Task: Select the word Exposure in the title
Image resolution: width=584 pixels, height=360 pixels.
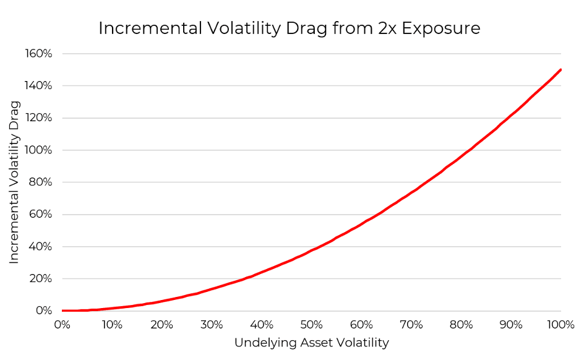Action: (x=443, y=28)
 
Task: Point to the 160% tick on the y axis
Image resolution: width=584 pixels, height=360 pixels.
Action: (x=39, y=54)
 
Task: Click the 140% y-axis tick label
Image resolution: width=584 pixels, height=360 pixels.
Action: (x=39, y=86)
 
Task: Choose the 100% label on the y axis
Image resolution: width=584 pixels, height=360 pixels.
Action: (x=39, y=150)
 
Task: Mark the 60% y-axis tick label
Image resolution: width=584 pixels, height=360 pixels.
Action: (x=41, y=215)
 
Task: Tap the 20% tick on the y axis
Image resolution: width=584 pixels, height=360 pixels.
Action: (x=41, y=279)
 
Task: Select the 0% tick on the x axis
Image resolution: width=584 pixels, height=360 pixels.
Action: (x=62, y=325)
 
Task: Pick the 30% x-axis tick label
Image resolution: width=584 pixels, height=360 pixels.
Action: (x=212, y=325)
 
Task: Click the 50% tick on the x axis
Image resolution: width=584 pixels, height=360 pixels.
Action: (x=312, y=325)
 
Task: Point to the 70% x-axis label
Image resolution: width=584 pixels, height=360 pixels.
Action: (x=411, y=325)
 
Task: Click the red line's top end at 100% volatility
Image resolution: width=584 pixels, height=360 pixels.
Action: (x=560, y=69)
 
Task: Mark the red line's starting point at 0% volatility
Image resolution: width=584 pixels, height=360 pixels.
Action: (x=62, y=311)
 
